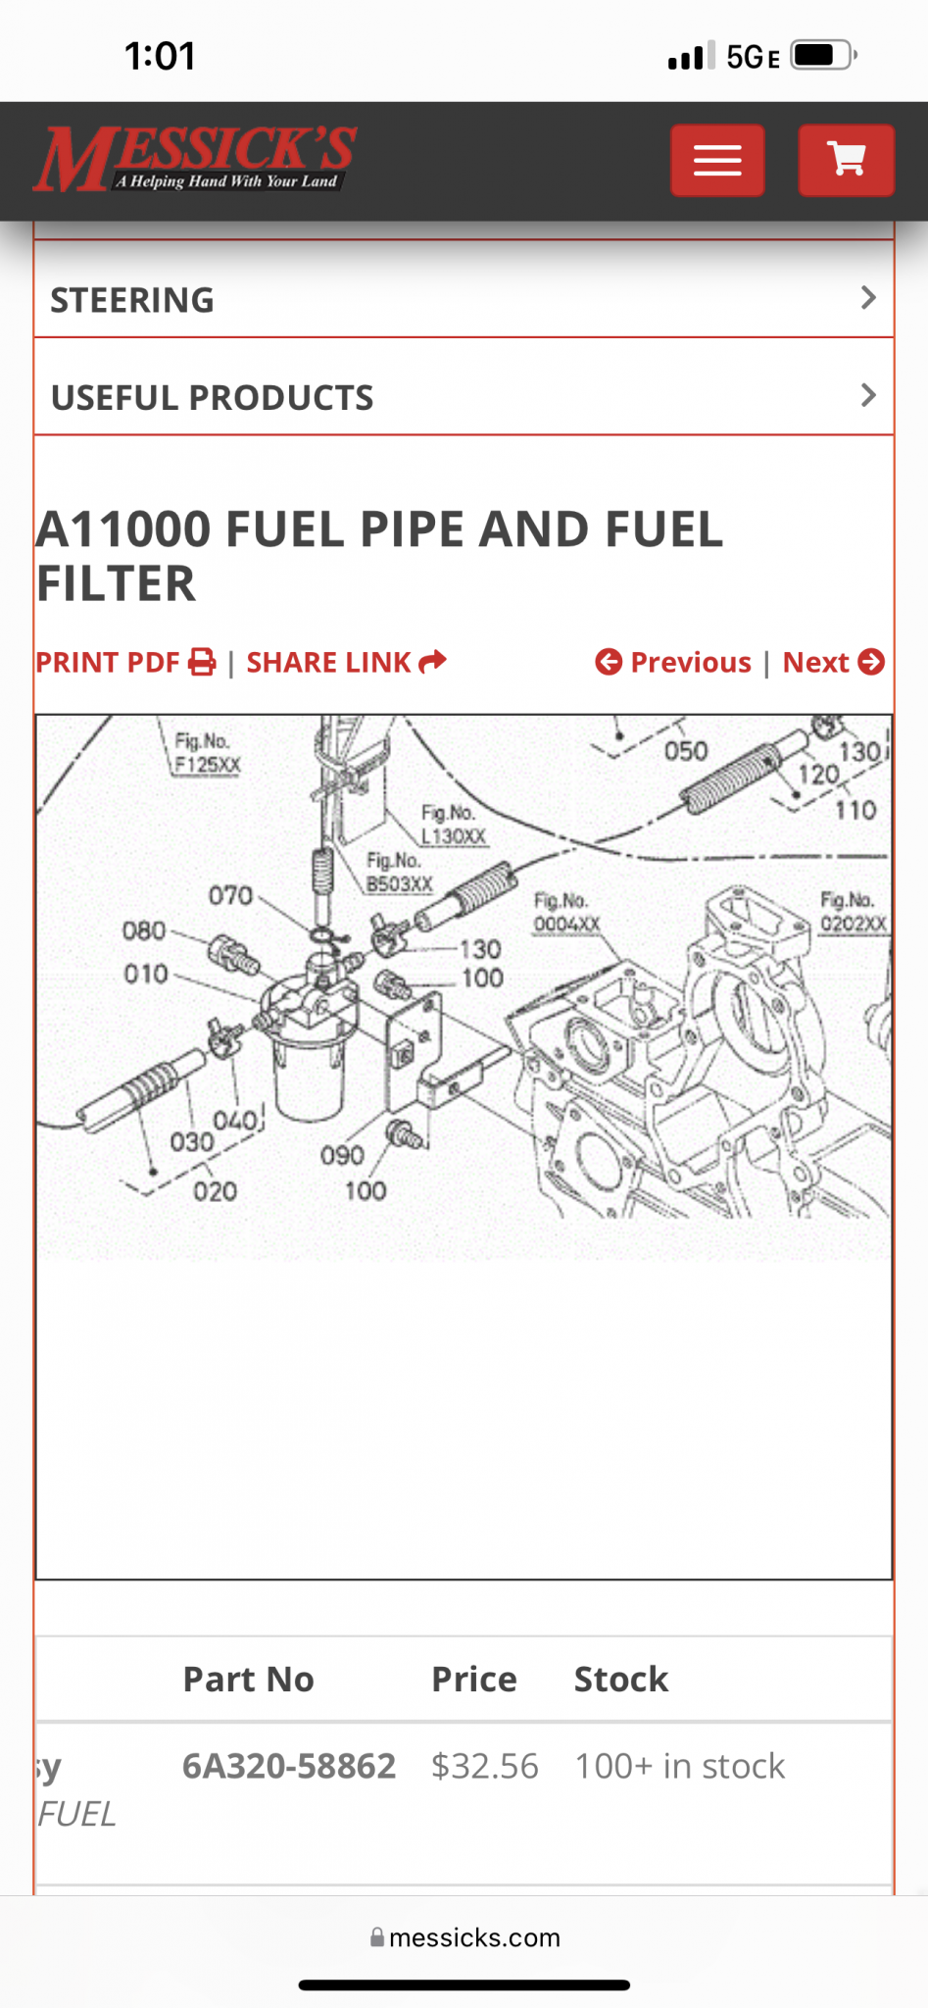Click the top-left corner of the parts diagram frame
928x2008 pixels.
[36, 716]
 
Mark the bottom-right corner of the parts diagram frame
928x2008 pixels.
[892, 1579]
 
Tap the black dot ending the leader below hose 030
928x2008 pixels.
[153, 1171]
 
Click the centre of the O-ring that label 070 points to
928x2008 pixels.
[320, 932]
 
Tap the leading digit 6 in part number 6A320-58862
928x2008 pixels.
[192, 1766]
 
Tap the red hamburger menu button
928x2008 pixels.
[717, 160]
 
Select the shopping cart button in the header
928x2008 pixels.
[846, 160]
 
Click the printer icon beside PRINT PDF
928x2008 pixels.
[202, 663]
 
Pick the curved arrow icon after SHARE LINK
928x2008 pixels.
[432, 662]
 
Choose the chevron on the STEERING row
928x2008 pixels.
[868, 298]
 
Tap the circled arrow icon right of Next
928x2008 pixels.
[871, 663]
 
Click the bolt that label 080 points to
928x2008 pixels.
[233, 953]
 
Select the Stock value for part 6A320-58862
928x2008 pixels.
[679, 1766]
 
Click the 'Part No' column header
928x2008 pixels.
[248, 1679]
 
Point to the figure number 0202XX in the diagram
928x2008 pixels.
[854, 924]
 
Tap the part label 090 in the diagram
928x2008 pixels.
[342, 1155]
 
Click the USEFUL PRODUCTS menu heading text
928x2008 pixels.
[212, 397]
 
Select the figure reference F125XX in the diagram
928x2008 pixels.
[208, 765]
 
